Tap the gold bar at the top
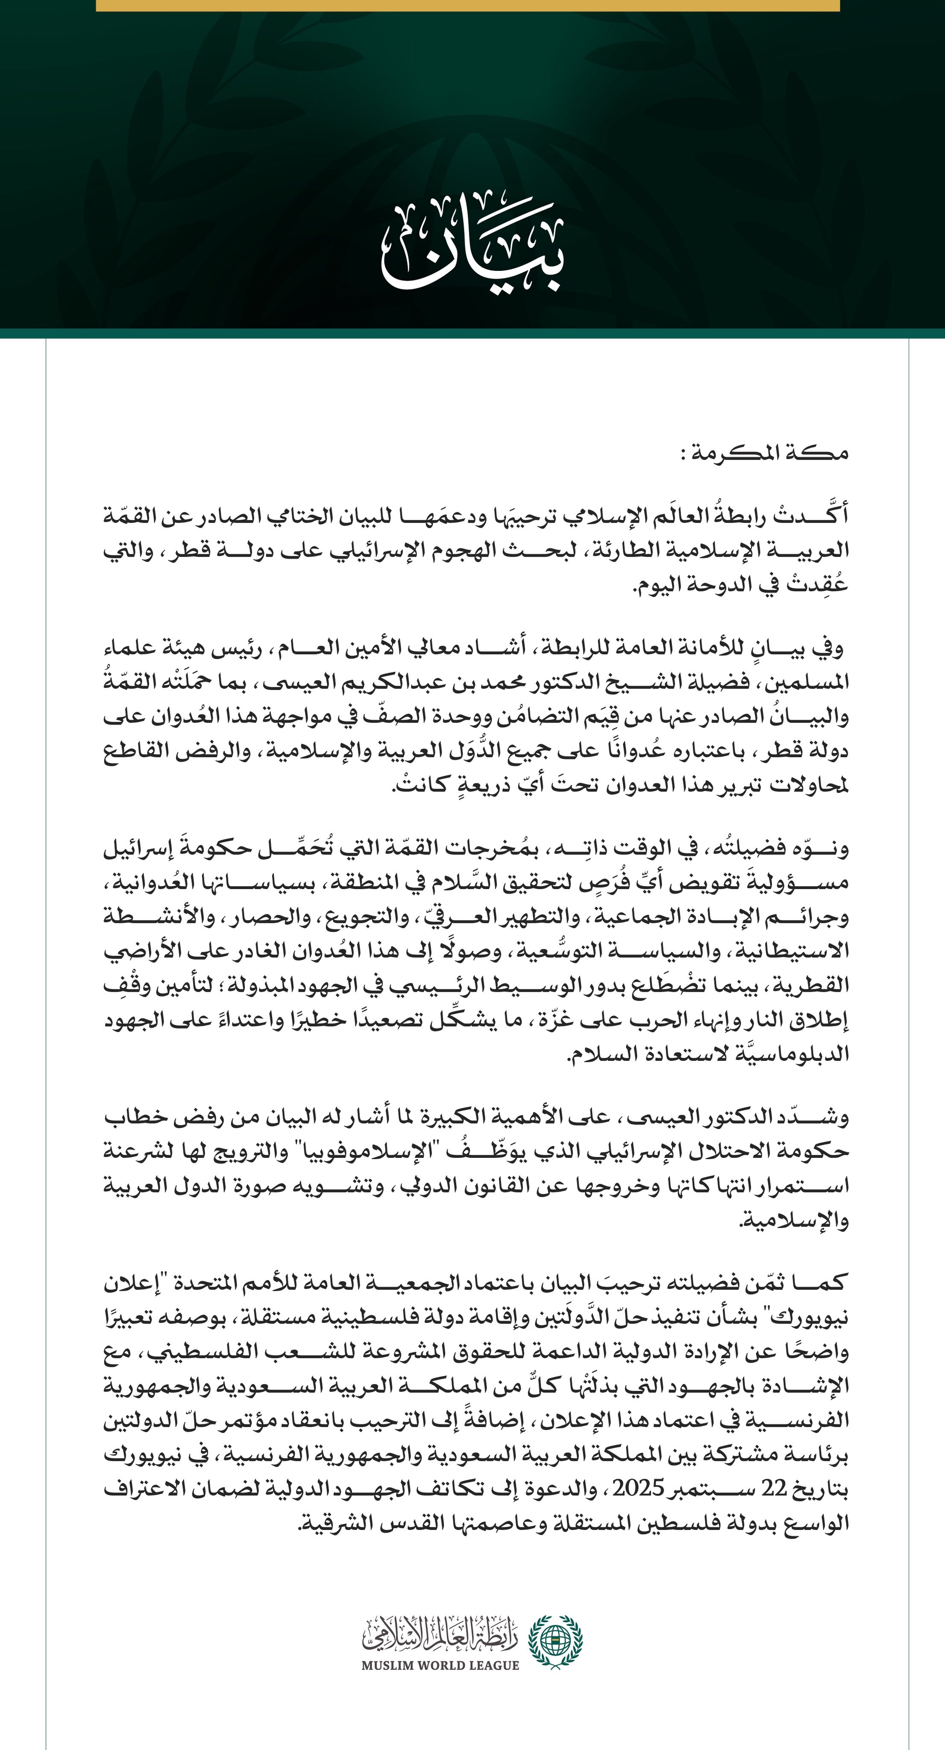[x=467, y=6]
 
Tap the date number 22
[x=773, y=1489]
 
